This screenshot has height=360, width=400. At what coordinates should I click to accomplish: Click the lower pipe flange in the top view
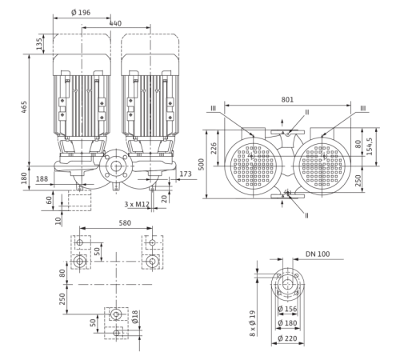coord(287,198)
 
